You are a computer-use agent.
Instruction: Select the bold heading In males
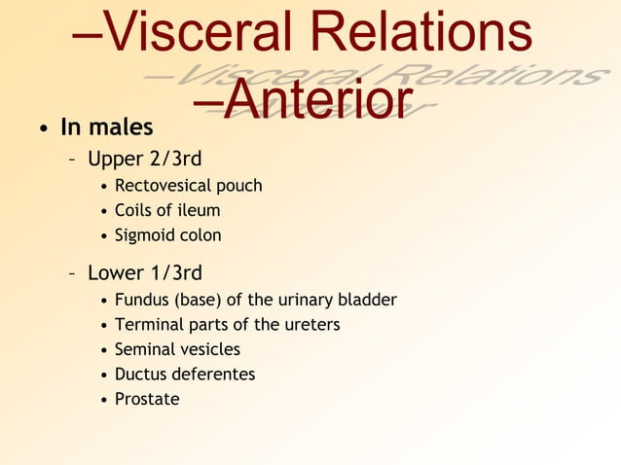click(107, 128)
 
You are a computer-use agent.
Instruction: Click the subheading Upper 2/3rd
click(144, 158)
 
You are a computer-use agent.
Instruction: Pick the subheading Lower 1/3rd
click(144, 272)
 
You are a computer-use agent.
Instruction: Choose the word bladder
click(368, 300)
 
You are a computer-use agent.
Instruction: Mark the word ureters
click(310, 325)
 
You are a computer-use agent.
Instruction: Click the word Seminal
click(146, 349)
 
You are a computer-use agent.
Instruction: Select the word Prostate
click(147, 399)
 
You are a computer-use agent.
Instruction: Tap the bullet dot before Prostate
click(104, 400)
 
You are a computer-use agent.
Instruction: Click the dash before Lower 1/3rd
click(73, 273)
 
